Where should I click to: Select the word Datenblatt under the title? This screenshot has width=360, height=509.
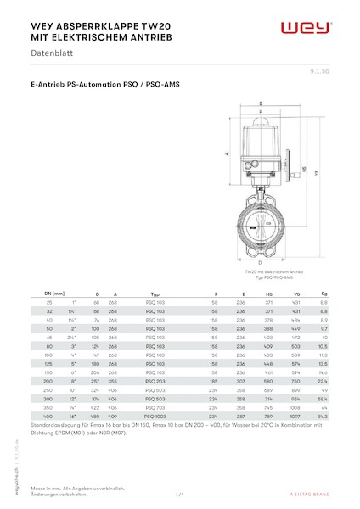(x=52, y=54)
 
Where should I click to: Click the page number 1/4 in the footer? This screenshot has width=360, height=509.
(x=180, y=493)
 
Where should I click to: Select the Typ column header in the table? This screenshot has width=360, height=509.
(x=155, y=293)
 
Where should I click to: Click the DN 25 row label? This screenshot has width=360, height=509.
(x=50, y=302)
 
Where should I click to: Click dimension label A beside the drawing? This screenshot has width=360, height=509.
(x=227, y=155)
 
